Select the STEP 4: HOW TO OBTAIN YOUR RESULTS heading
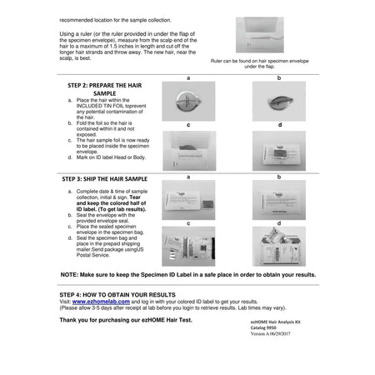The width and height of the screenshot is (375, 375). (x=117, y=295)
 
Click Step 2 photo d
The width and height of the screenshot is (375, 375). (x=278, y=151)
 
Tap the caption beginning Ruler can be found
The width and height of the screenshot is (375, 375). (x=259, y=62)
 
